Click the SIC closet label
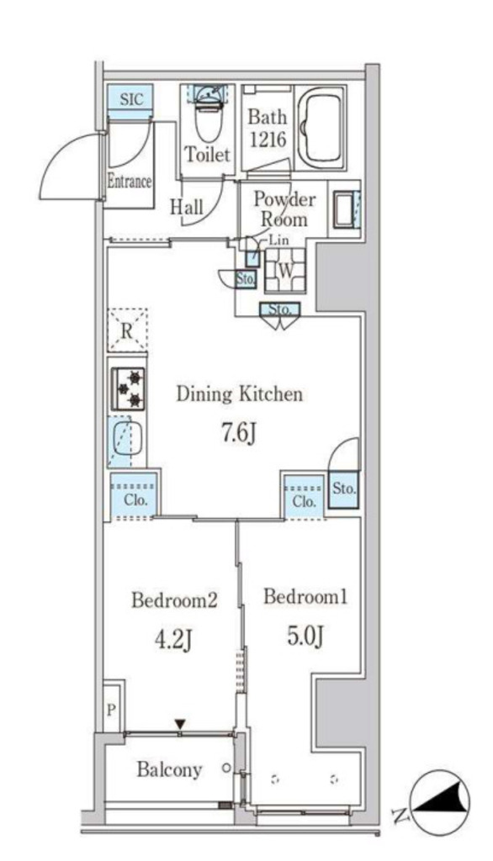[130, 99]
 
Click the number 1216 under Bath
[268, 140]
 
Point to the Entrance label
[130, 182]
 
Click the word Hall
[186, 207]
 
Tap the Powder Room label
[284, 209]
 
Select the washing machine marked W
[284, 270]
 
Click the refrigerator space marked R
[127, 330]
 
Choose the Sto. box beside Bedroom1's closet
[344, 488]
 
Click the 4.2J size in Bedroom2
[173, 640]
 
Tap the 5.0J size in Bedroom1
[305, 637]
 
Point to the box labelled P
[111, 710]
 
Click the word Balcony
[169, 770]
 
